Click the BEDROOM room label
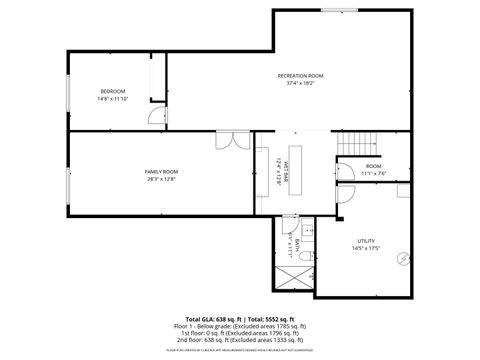click(113, 91)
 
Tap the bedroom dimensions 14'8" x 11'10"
click(113, 99)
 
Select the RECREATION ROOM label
click(300, 76)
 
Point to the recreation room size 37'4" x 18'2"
click(300, 84)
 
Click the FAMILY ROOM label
click(161, 172)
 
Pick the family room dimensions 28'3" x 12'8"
click(161, 180)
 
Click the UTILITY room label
click(366, 241)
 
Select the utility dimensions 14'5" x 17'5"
click(366, 249)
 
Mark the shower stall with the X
click(291, 277)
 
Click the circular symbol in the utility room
click(402, 258)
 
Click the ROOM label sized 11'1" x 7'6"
click(373, 166)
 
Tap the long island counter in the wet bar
click(296, 175)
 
